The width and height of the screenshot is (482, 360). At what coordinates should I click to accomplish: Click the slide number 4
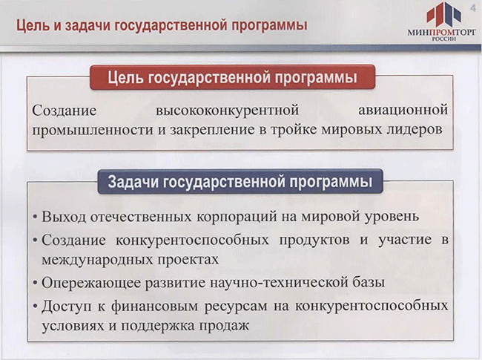(x=473, y=8)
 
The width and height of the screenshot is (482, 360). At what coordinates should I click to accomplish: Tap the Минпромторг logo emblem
(x=443, y=14)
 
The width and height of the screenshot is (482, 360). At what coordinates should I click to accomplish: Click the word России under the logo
(x=444, y=39)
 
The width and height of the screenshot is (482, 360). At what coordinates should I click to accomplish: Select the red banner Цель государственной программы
(x=232, y=77)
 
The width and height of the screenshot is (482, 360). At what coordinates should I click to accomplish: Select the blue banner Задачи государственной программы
(x=240, y=182)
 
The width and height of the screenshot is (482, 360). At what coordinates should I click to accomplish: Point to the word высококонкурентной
(x=227, y=110)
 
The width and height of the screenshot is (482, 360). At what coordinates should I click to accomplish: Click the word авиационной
(x=403, y=110)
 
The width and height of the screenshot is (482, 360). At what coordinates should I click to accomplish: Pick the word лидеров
(x=414, y=130)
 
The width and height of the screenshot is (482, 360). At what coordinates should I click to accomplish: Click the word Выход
(x=64, y=216)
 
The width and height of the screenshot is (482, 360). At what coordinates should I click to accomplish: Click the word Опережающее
(x=91, y=283)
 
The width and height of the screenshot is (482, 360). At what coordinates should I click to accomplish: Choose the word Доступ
(x=67, y=306)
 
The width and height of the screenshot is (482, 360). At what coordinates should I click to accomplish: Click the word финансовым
(x=155, y=306)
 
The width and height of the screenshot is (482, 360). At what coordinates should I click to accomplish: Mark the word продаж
(x=224, y=326)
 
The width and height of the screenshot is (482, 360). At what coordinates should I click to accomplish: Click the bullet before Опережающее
(x=36, y=283)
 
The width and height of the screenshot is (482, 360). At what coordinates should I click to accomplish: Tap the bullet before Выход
(x=36, y=217)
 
